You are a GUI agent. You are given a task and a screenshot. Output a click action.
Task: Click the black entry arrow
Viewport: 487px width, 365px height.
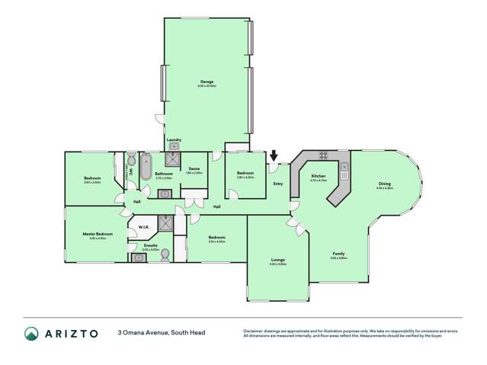point(274,156)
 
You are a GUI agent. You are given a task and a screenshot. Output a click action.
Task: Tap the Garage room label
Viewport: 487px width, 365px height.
point(207,82)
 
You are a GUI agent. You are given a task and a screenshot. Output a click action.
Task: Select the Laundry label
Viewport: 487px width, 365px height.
point(174,139)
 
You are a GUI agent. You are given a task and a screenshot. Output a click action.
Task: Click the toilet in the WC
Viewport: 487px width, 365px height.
point(130,160)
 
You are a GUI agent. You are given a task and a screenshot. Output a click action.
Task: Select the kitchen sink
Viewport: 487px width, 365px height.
point(345,167)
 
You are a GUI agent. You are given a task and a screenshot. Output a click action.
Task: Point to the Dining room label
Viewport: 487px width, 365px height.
point(384,184)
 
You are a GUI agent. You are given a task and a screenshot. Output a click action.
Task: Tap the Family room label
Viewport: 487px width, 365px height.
point(338,254)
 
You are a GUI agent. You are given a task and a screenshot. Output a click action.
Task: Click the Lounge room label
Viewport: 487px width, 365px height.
point(277,260)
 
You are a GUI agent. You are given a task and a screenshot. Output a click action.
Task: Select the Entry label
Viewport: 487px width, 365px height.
point(277,184)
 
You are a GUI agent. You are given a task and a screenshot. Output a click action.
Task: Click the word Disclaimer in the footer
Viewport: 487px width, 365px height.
point(255,331)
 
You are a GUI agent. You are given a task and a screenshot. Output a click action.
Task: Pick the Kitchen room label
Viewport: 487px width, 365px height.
point(319,177)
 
